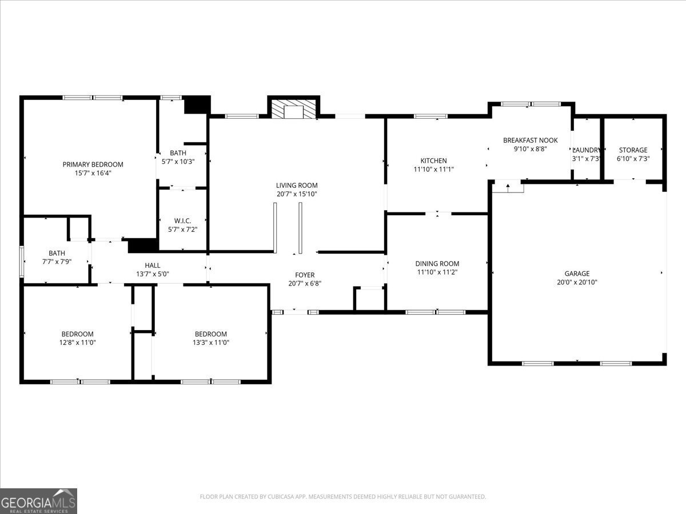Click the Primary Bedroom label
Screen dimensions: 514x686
point(93,164)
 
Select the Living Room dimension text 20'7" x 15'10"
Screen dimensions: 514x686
point(297,194)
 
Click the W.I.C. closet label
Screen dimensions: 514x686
point(182,221)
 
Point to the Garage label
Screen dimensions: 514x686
point(577,274)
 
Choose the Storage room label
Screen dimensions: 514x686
point(632,150)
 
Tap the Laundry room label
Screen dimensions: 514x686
point(587,150)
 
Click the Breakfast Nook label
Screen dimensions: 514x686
point(530,140)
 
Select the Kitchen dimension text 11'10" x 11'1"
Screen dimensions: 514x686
point(433,169)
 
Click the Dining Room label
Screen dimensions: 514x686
point(437,264)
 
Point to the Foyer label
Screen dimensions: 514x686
point(305,275)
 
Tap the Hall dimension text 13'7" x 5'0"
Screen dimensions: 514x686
point(152,274)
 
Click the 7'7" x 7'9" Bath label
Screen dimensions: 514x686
point(57,253)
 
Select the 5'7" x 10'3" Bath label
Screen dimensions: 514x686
point(178,153)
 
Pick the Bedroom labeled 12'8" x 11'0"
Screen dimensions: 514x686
point(77,334)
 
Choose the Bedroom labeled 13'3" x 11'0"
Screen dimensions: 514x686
point(210,334)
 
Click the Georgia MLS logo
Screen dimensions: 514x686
point(38,501)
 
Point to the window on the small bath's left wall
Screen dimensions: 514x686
point(22,262)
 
